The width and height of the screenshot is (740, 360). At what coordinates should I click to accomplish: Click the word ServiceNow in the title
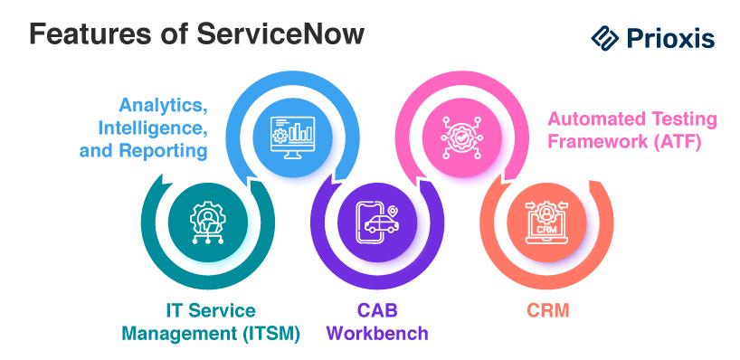point(280,34)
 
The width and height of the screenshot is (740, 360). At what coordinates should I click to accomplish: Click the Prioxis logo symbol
point(604,38)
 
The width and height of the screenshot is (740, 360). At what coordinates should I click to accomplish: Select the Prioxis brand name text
point(670,38)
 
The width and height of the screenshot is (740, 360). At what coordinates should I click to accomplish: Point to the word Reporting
point(163,150)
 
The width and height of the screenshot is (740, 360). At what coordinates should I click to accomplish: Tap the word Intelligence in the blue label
point(152,128)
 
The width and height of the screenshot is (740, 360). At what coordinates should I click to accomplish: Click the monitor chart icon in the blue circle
point(292,137)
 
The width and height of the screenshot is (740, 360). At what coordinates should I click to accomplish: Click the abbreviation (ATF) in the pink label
point(677,141)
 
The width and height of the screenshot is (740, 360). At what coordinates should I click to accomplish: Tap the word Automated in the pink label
point(597,118)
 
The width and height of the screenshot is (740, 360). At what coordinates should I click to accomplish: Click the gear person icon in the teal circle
point(208,222)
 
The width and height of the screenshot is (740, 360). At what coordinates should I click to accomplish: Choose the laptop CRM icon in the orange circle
point(546,223)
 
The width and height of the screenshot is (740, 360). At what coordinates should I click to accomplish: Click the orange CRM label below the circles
point(548,310)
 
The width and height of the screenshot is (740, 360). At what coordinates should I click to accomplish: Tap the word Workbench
point(377,333)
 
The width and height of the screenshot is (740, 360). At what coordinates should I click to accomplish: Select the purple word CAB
point(377,310)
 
